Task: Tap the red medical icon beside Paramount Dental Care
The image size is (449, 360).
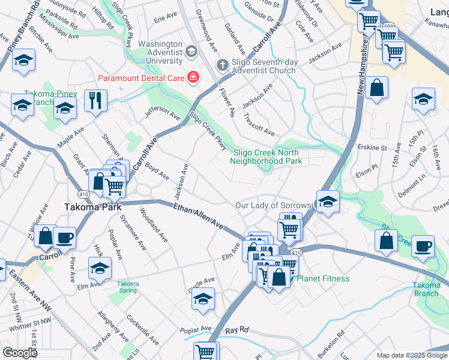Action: tap(193, 77)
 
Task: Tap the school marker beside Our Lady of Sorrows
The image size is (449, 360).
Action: tap(327, 202)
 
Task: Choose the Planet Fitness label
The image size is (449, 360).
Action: tap(323, 278)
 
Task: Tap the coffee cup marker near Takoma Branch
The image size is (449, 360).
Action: tap(423, 246)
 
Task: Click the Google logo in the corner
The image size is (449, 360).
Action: tap(20, 353)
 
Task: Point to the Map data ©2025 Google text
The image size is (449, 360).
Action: tap(412, 355)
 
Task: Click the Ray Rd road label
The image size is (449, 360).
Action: tap(237, 331)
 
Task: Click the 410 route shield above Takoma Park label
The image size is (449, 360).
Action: tap(83, 194)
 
